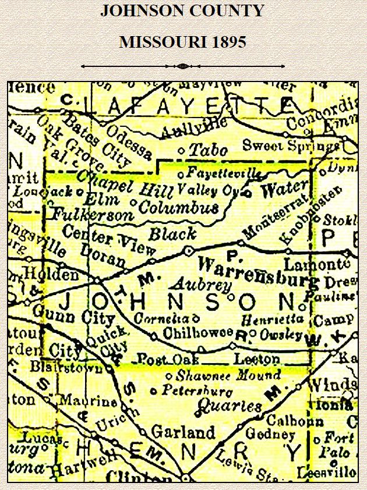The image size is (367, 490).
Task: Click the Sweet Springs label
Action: point(290,145)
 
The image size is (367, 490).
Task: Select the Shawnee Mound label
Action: point(228,375)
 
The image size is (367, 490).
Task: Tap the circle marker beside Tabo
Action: point(181,151)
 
